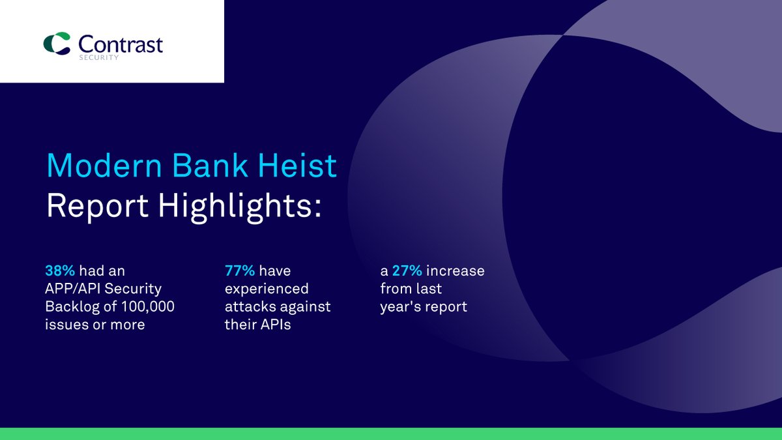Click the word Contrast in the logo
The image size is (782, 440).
121,44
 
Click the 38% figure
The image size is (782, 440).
59,271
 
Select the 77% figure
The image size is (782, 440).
239,271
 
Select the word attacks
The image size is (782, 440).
246,306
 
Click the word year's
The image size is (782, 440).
399,306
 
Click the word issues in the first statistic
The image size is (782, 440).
64,324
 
